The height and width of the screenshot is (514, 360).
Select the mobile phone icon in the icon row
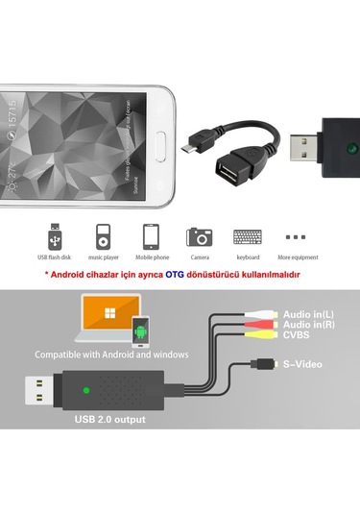(x=151, y=237)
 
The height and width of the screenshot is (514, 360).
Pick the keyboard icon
(x=249, y=237)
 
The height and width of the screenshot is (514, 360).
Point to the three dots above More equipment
(x=297, y=235)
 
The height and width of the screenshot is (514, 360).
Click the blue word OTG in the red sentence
(x=174, y=275)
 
